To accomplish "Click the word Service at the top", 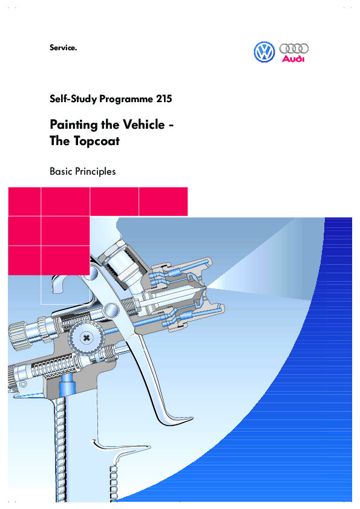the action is coord(62,48).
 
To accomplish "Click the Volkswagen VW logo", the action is coord(264,52).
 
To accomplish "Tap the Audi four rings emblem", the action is coord(293,49).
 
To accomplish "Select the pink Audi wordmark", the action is coord(293,59).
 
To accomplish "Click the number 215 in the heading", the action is coord(164,99).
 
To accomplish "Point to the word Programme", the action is coord(126,99).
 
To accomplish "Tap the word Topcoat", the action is coord(97,141).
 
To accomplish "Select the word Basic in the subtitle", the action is coord(61,172).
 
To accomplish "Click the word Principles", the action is coord(95,172).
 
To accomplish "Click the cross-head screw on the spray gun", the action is coord(87,338).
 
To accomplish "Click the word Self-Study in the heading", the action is coord(73,99).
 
